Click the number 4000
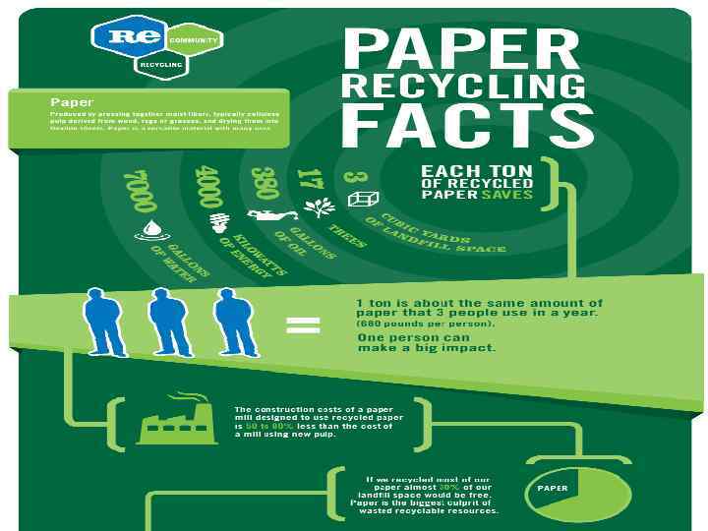coord(207,184)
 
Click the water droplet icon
coord(152,228)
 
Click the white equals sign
coord(303,324)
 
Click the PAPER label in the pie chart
coord(553,487)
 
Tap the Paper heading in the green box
coord(72,101)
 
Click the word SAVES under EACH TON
coord(507,194)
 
